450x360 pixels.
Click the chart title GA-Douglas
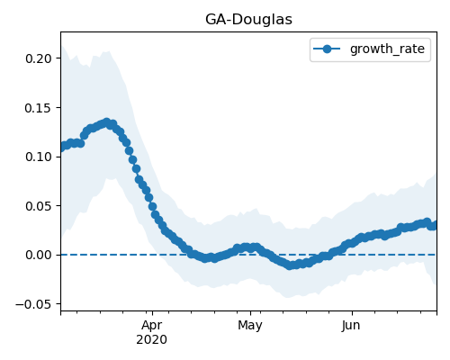click(x=248, y=20)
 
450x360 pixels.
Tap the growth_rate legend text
click(x=387, y=49)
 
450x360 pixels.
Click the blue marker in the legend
click(x=327, y=49)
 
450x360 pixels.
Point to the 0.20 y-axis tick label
click(x=39, y=58)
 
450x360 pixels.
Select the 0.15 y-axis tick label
click(x=39, y=108)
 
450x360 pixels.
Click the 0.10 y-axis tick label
click(x=39, y=157)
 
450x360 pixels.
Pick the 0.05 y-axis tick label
click(x=39, y=206)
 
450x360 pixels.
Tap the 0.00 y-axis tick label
click(x=39, y=255)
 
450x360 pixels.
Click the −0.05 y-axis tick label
click(x=33, y=304)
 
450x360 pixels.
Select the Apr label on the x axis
click(x=152, y=326)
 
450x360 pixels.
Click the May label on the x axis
click(x=250, y=326)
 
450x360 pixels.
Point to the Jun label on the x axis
click(x=351, y=326)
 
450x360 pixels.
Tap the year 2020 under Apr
click(x=152, y=340)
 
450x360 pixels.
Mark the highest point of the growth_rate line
click(x=106, y=122)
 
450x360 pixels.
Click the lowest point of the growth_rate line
click(x=289, y=265)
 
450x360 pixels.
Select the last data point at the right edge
click(x=434, y=225)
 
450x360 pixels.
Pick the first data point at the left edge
click(x=62, y=148)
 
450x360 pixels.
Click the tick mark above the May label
click(x=250, y=313)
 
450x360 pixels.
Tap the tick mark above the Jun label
click(x=352, y=313)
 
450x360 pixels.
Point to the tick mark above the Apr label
click(x=153, y=313)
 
